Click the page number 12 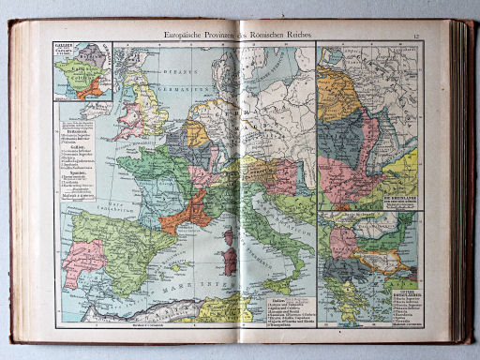(x=442, y=37)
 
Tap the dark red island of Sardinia (x=225, y=262)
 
